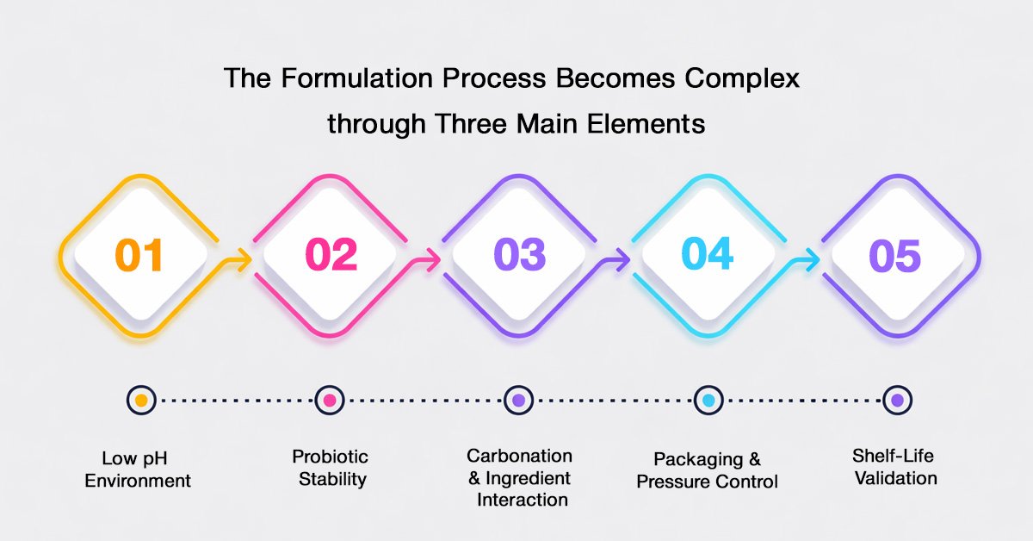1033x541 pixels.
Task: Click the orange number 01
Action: click(x=139, y=255)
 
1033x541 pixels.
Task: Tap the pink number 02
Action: click(x=331, y=254)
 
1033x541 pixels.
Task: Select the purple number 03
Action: click(x=520, y=254)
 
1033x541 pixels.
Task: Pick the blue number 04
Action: click(x=708, y=253)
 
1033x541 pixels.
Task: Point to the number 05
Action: click(x=895, y=255)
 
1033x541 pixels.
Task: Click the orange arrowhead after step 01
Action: click(x=244, y=260)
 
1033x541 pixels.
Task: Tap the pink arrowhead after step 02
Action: click(x=433, y=260)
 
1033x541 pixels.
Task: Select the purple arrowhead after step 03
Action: click(x=622, y=260)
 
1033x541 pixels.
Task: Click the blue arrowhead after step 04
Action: click(x=812, y=260)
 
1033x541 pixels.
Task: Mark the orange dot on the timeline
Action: click(x=141, y=401)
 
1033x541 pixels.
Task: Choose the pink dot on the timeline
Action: click(x=330, y=401)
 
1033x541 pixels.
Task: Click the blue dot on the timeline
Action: click(x=708, y=401)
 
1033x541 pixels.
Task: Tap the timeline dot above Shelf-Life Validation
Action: click(x=897, y=401)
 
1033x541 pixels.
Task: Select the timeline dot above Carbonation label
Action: click(x=519, y=401)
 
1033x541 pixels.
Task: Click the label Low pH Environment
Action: click(x=138, y=469)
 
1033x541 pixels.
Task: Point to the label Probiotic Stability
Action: click(x=331, y=468)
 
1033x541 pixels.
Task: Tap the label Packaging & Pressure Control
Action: click(x=707, y=470)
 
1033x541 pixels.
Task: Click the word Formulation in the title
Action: click(x=356, y=78)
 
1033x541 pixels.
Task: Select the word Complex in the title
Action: click(x=741, y=78)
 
